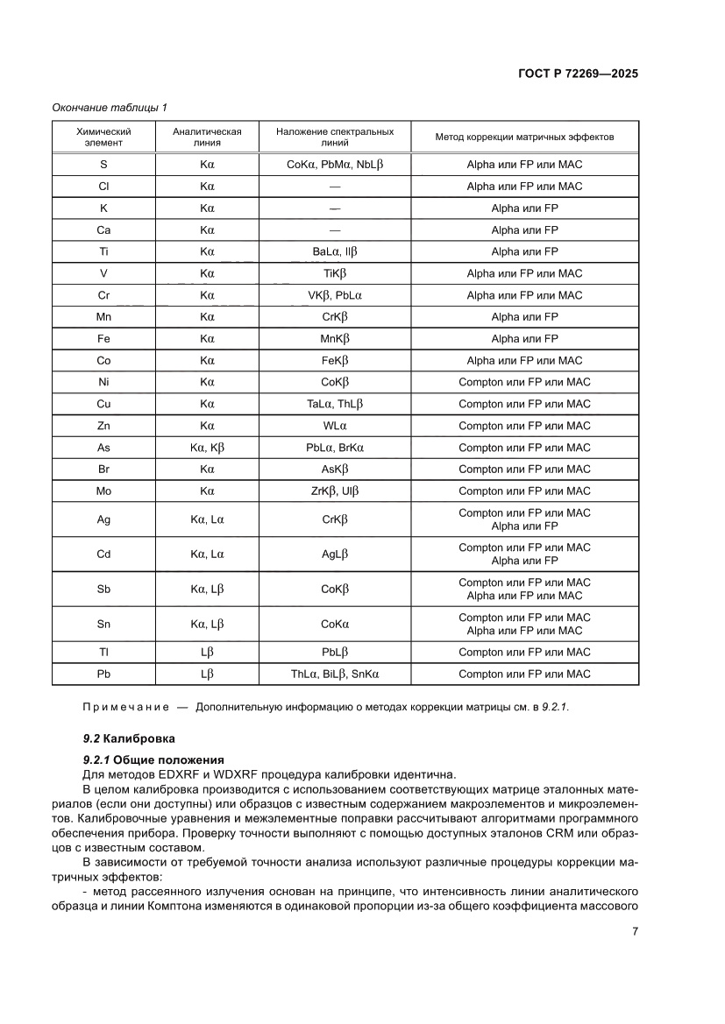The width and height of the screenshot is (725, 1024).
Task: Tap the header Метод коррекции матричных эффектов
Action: (x=524, y=138)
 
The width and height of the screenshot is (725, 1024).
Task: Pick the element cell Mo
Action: (x=103, y=491)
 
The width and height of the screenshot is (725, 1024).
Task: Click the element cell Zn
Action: (x=103, y=426)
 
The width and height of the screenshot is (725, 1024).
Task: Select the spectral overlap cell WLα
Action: (x=335, y=426)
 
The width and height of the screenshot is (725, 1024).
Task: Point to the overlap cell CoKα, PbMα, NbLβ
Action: (x=335, y=165)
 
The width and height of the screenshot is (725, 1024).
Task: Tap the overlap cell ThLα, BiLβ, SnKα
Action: (x=335, y=674)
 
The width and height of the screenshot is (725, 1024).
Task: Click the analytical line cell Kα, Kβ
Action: (x=208, y=448)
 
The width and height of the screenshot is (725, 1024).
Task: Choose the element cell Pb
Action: (x=103, y=674)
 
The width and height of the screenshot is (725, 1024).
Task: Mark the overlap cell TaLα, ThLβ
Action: (x=335, y=404)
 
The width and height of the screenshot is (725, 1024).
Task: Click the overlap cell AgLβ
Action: (x=335, y=554)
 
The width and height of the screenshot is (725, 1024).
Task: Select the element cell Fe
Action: (x=103, y=339)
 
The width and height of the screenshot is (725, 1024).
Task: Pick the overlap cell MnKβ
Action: (x=335, y=339)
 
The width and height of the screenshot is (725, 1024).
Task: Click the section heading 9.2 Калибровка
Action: (x=129, y=738)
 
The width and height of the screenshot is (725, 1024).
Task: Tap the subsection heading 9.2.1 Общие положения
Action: (x=153, y=759)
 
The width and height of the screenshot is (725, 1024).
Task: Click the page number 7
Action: (x=634, y=932)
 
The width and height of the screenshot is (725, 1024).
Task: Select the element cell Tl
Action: (x=103, y=652)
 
